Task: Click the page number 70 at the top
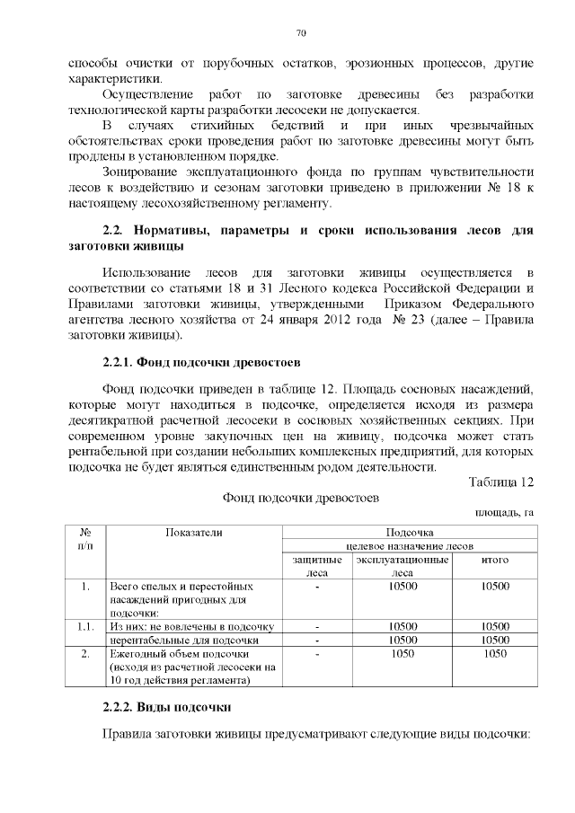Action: point(301,33)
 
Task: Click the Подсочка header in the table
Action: point(410,533)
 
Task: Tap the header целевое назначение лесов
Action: point(410,546)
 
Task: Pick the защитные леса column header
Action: point(318,565)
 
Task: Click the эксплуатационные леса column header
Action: point(402,565)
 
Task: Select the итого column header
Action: point(495,560)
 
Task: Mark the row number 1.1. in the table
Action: point(84,626)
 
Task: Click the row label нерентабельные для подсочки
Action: point(184,640)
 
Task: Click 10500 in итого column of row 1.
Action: point(495,587)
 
